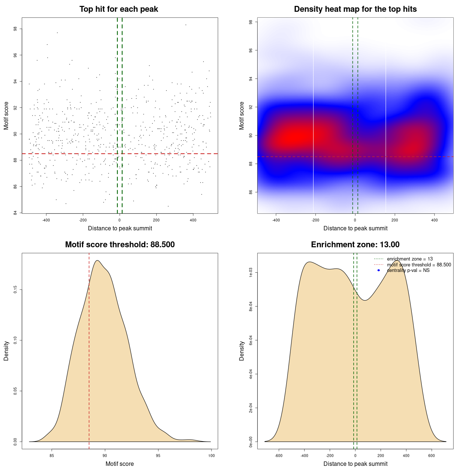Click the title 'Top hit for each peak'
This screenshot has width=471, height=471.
coord(118,9)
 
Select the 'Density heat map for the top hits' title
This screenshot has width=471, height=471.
coord(355,9)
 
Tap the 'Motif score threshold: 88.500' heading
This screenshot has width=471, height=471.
coord(120,245)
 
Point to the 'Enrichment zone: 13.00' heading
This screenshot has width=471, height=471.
coord(355,245)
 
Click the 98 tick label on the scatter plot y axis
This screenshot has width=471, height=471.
coord(15,29)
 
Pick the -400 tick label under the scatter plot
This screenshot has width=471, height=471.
coord(46,220)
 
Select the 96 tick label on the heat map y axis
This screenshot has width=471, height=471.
coord(251,50)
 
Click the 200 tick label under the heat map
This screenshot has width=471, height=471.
coord(395,220)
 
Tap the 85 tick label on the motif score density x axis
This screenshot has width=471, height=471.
coord(52,456)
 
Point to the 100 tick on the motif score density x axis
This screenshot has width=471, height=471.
coord(211,456)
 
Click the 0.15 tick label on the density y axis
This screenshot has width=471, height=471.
coord(15,290)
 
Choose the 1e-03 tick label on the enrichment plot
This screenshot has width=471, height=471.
coord(251,273)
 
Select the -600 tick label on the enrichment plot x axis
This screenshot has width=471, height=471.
coord(279,456)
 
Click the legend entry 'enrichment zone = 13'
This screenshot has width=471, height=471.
coord(410,259)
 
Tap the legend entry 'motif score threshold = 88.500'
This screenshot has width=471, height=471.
coord(419,265)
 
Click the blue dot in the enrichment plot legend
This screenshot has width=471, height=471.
coord(379,270)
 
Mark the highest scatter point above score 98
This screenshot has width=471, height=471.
coord(186,25)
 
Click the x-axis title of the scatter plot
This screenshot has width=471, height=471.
coord(120,229)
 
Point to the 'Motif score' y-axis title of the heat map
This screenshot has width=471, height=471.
coord(242,116)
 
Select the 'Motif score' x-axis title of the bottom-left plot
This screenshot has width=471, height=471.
coord(120,464)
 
